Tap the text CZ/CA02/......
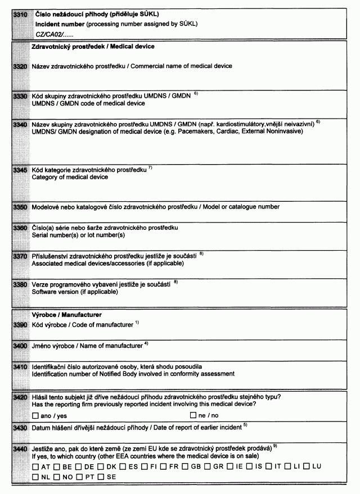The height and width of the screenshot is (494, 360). pyautogui.click(x=50, y=35)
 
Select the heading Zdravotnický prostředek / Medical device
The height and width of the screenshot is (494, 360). pyautogui.click(x=93, y=47)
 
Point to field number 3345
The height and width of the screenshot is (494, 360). pyautogui.click(x=20, y=170)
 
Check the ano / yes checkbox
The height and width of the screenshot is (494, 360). pyautogui.click(x=35, y=415)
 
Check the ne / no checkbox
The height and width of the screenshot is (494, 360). pyautogui.click(x=193, y=415)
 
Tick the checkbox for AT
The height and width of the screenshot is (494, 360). pyautogui.click(x=35, y=466)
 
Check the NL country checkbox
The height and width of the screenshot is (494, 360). pyautogui.click(x=35, y=477)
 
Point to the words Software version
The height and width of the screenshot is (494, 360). pyautogui.click(x=53, y=292)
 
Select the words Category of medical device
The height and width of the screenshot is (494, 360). pyautogui.click(x=70, y=177)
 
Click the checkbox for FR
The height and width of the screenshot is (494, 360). pyautogui.click(x=163, y=466)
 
